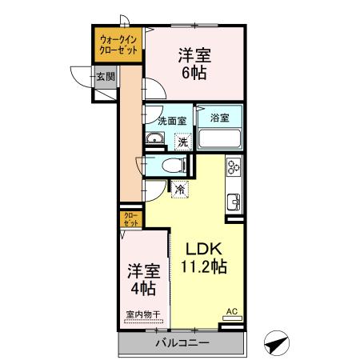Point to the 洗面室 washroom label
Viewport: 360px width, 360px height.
(x=171, y=121)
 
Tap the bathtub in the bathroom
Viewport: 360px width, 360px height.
(x=219, y=138)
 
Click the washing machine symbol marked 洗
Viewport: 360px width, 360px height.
(x=183, y=142)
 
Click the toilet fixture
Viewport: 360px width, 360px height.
(x=171, y=166)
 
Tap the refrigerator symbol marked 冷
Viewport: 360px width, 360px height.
(x=180, y=190)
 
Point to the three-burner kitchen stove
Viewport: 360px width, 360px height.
(x=234, y=167)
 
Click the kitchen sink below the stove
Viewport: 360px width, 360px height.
(x=234, y=199)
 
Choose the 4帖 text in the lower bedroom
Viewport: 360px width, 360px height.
(x=142, y=287)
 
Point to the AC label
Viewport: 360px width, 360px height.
(x=232, y=311)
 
